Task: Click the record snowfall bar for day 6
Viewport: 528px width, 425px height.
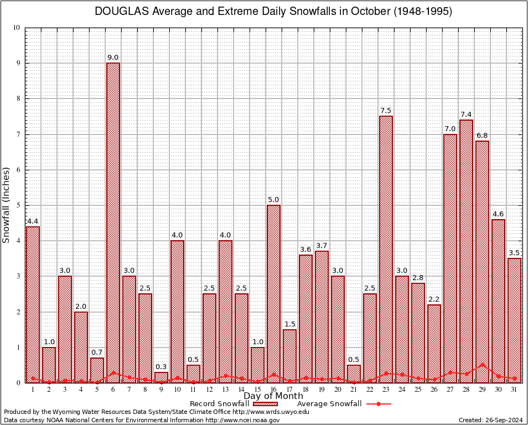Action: click(113, 221)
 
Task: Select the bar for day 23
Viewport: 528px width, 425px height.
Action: click(386, 249)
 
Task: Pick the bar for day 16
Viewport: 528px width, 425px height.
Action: click(273, 293)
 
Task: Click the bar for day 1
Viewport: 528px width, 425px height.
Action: click(33, 304)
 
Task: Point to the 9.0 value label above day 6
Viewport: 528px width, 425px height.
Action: click(113, 57)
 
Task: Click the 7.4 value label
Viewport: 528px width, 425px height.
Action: click(466, 114)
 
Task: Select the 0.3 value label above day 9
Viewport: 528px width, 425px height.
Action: click(161, 366)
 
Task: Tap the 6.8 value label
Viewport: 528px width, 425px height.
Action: click(482, 135)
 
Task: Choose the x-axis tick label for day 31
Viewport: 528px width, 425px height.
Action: click(514, 390)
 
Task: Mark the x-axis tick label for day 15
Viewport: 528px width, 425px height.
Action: click(257, 390)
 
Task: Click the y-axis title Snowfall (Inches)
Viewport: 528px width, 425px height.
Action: click(7, 205)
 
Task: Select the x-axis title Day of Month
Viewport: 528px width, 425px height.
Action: click(273, 396)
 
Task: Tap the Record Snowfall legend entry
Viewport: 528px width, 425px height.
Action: click(219, 404)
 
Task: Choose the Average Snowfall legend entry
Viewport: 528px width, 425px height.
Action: click(329, 404)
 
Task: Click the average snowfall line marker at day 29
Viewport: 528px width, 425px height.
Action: click(482, 365)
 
